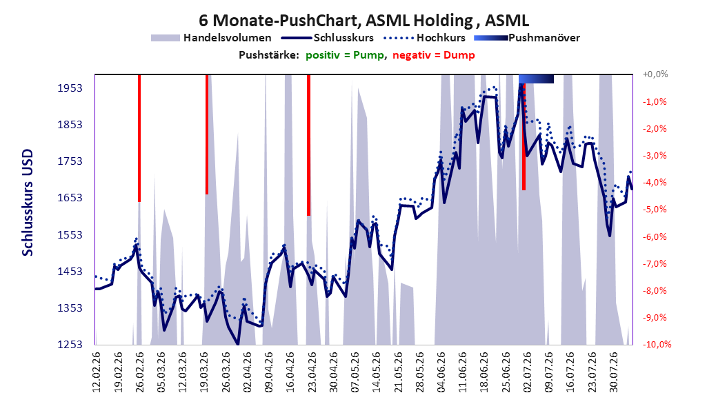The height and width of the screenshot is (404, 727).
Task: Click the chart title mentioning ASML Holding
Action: (363, 21)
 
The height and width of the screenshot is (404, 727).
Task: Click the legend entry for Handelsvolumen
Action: (212, 38)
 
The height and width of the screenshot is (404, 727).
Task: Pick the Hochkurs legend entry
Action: (424, 38)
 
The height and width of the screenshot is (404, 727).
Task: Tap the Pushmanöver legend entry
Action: (527, 38)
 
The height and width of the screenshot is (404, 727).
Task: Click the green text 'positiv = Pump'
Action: (345, 55)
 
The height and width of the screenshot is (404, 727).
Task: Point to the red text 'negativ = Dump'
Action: (434, 55)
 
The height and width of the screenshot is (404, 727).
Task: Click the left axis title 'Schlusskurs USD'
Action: (28, 203)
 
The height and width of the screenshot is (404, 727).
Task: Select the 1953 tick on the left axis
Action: (70, 88)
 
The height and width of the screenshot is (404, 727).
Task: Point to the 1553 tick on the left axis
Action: (70, 235)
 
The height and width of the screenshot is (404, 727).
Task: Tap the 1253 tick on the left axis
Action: (70, 344)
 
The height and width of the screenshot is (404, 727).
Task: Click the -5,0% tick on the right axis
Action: (655, 210)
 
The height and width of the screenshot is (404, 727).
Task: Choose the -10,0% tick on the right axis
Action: (657, 344)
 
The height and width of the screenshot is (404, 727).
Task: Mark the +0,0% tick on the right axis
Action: (655, 74)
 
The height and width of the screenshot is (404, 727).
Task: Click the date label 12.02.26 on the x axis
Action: (97, 372)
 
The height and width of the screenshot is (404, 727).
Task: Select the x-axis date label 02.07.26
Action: (527, 372)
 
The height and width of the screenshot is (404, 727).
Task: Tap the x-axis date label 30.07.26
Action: (613, 372)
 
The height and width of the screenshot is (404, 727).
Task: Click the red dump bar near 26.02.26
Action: (139, 138)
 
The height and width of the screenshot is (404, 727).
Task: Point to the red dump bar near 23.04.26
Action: (308, 145)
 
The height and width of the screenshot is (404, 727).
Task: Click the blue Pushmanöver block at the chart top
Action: (536, 79)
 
